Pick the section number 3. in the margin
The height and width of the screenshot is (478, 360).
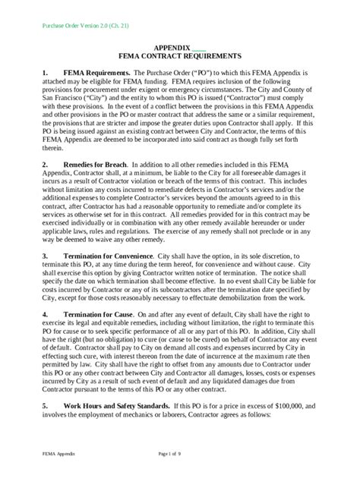45,256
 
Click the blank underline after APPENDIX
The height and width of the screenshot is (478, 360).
198,47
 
